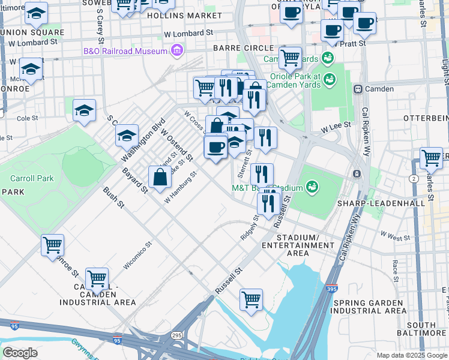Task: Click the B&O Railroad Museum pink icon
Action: click(x=177, y=51)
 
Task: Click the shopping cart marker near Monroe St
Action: click(x=52, y=245)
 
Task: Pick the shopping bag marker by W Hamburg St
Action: click(x=160, y=178)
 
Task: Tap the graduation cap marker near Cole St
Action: click(x=85, y=110)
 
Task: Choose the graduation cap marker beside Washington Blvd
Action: click(x=127, y=136)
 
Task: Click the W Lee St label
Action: click(x=336, y=128)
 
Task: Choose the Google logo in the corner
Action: click(x=20, y=352)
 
